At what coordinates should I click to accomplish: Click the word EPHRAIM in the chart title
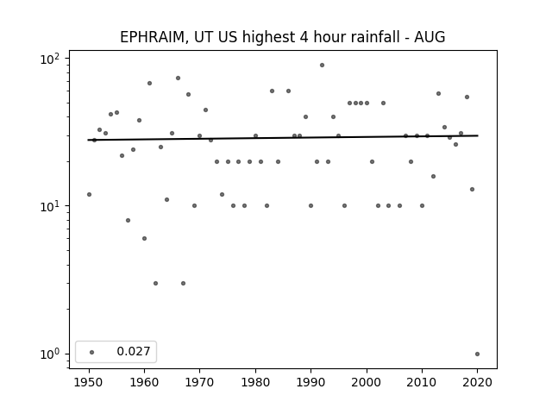(x=152, y=37)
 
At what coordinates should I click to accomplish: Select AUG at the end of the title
(x=430, y=37)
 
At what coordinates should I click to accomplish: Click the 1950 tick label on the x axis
(x=89, y=382)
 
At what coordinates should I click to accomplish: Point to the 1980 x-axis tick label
(x=255, y=382)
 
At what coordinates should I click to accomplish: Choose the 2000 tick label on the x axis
(x=367, y=382)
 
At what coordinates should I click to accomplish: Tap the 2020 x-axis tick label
(x=477, y=382)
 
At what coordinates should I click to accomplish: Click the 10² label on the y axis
(x=50, y=59)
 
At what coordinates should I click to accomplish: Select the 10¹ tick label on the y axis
(x=50, y=206)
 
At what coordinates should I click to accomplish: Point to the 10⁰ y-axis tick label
(x=50, y=354)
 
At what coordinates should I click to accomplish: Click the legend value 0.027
(x=134, y=351)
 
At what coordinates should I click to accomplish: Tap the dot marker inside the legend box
(x=92, y=352)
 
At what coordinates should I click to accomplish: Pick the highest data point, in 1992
(x=322, y=66)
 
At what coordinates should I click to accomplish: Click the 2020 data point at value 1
(x=477, y=354)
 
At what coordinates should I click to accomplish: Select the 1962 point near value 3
(x=155, y=284)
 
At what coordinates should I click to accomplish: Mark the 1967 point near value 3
(x=183, y=284)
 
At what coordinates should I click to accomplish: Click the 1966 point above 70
(x=179, y=78)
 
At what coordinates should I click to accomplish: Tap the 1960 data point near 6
(x=144, y=239)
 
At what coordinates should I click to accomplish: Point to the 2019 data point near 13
(x=472, y=190)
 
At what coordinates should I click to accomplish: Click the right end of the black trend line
(x=478, y=135)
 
